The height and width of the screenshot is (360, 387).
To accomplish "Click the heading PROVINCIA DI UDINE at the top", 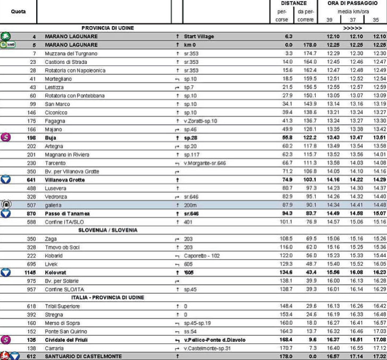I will pyautogui.click(x=107, y=28).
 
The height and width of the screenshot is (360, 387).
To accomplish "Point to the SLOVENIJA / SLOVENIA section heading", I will pyautogui.click(x=108, y=230).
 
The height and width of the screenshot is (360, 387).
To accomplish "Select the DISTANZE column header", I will pyautogui.click(x=294, y=3).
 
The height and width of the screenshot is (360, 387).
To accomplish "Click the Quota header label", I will pyautogui.click(x=18, y=11).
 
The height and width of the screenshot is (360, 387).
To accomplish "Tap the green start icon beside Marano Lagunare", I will pyautogui.click(x=6, y=36).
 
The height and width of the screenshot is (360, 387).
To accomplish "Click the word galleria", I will pyautogui.click(x=55, y=205).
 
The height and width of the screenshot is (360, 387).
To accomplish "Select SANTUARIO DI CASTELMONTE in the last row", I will pyautogui.click(x=83, y=356).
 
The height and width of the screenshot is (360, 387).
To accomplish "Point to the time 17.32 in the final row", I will pyautogui.click(x=379, y=356).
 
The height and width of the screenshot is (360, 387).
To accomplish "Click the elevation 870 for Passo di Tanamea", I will pyautogui.click(x=31, y=213).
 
